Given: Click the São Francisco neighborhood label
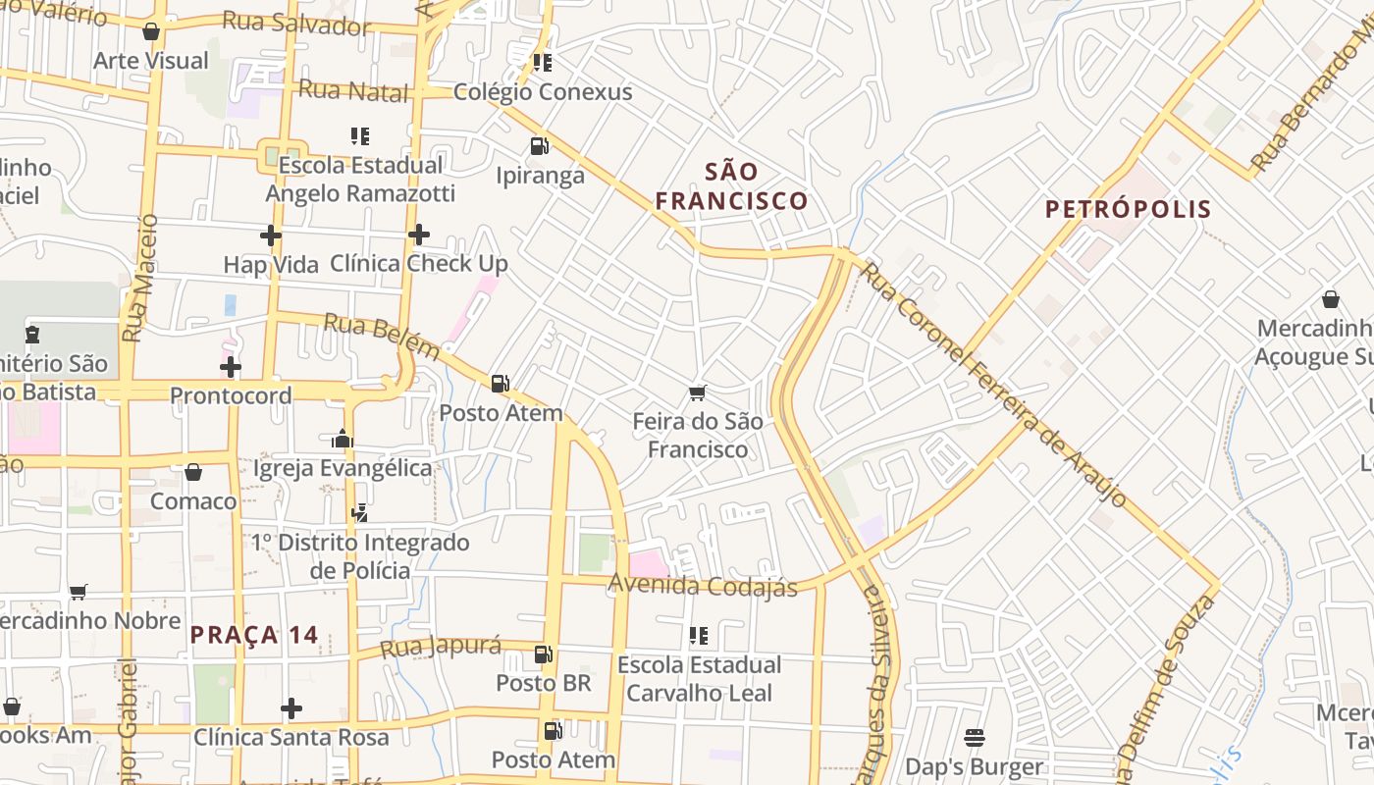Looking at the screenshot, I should click(732, 186).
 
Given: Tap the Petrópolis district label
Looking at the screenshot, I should click(1128, 209).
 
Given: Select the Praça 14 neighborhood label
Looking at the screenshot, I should click(254, 635).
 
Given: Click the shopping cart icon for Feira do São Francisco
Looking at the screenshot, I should click(698, 393).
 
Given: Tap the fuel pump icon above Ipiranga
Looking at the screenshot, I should click(539, 146).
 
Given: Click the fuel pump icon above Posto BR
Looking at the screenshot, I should click(543, 654).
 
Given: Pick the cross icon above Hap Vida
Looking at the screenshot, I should click(270, 235).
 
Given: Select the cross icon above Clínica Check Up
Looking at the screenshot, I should click(419, 235).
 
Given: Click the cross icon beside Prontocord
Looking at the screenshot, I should click(231, 368).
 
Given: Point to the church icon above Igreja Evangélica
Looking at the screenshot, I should click(343, 439).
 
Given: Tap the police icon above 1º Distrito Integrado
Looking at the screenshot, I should click(360, 512).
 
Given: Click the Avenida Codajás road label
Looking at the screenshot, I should click(703, 586).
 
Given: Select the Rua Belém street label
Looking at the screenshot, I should click(382, 336).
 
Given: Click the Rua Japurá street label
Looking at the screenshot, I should click(440, 648).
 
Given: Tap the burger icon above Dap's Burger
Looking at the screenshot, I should click(975, 737).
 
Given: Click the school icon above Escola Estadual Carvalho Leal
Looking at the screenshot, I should click(699, 636).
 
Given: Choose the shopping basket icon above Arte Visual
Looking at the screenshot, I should click(151, 31).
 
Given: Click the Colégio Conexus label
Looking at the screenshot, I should click(543, 92).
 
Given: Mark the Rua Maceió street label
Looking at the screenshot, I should click(138, 279).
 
